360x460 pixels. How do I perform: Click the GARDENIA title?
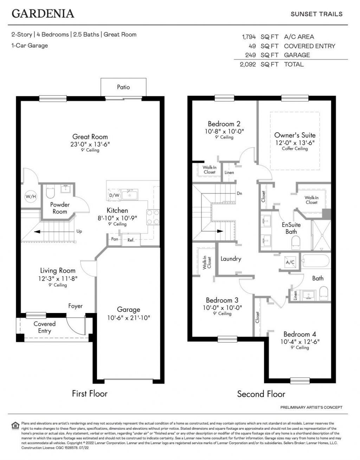pyautogui.click(x=43, y=13)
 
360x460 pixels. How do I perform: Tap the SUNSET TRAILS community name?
pyautogui.click(x=316, y=14)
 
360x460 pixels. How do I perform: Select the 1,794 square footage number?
pyautogui.click(x=248, y=37)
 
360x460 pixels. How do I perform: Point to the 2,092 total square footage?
pyautogui.click(x=247, y=64)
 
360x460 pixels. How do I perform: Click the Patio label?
pyautogui.click(x=123, y=87)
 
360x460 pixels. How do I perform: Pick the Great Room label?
pyautogui.click(x=90, y=136)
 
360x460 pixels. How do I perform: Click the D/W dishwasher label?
pyautogui.click(x=114, y=195)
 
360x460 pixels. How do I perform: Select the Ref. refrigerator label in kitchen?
pyautogui.click(x=131, y=240)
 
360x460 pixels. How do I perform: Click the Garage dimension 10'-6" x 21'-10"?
pyautogui.click(x=128, y=318)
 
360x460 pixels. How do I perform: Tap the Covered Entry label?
pyautogui.click(x=45, y=327)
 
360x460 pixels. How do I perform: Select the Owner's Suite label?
pyautogui.click(x=295, y=135)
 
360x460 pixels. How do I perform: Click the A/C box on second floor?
pyautogui.click(x=290, y=262)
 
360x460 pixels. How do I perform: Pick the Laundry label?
pyautogui.click(x=231, y=258)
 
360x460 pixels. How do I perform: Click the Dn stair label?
pyautogui.click(x=239, y=193)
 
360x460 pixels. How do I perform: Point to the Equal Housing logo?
pyautogui.click(x=15, y=426)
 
